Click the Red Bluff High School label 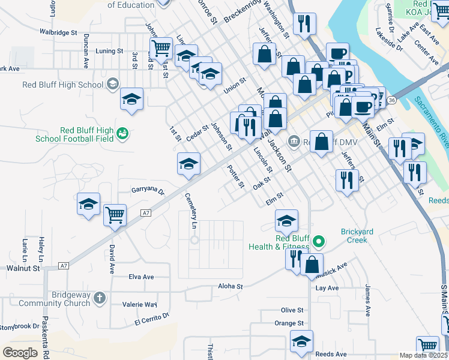coord(63,85)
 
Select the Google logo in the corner coord(20,353)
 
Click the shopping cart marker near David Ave coord(115,214)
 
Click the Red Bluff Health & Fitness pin coord(319,242)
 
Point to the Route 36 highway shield coord(391,100)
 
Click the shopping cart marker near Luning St coord(161,48)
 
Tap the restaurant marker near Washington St coord(304,23)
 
